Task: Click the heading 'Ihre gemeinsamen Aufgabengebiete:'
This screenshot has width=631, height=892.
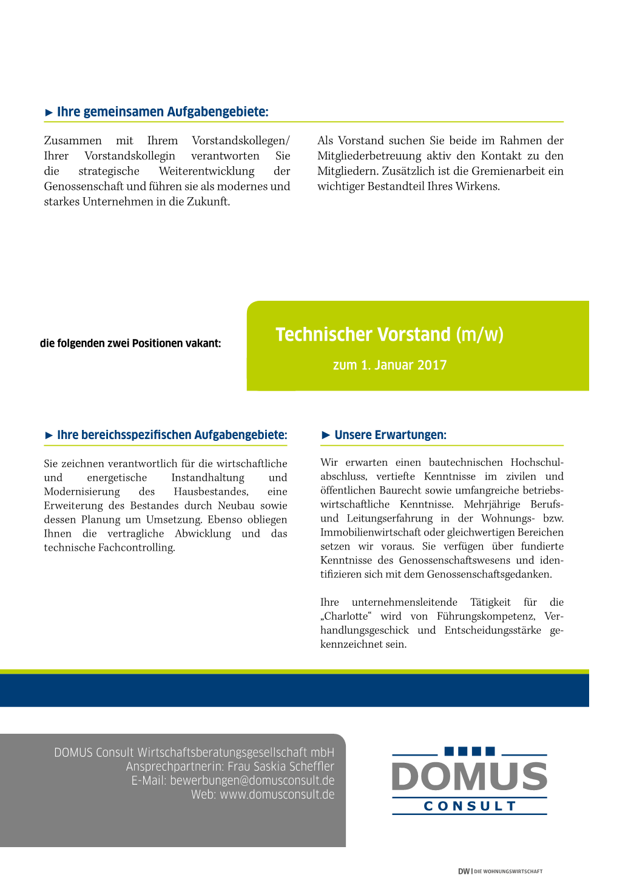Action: [162, 112]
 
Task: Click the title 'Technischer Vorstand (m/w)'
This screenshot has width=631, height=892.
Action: [390, 334]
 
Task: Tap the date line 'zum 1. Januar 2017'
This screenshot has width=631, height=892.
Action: [390, 365]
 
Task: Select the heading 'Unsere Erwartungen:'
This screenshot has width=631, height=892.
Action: [390, 435]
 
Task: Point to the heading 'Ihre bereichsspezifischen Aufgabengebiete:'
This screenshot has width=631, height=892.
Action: [172, 435]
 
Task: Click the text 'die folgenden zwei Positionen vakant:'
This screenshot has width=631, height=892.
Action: [130, 343]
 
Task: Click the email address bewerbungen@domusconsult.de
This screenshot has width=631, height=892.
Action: [252, 780]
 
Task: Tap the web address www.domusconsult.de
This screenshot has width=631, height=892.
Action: [277, 794]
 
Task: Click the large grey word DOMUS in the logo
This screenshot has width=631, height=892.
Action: [470, 777]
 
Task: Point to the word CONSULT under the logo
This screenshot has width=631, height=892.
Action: [470, 806]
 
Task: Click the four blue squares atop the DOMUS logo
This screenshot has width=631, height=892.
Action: [470, 751]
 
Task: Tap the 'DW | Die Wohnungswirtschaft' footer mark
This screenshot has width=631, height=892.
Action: [500, 871]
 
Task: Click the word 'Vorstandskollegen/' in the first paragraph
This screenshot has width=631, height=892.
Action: [241, 141]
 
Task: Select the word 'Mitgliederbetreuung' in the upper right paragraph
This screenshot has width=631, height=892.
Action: [369, 156]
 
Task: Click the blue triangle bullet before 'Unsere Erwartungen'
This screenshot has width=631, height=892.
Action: [326, 435]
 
